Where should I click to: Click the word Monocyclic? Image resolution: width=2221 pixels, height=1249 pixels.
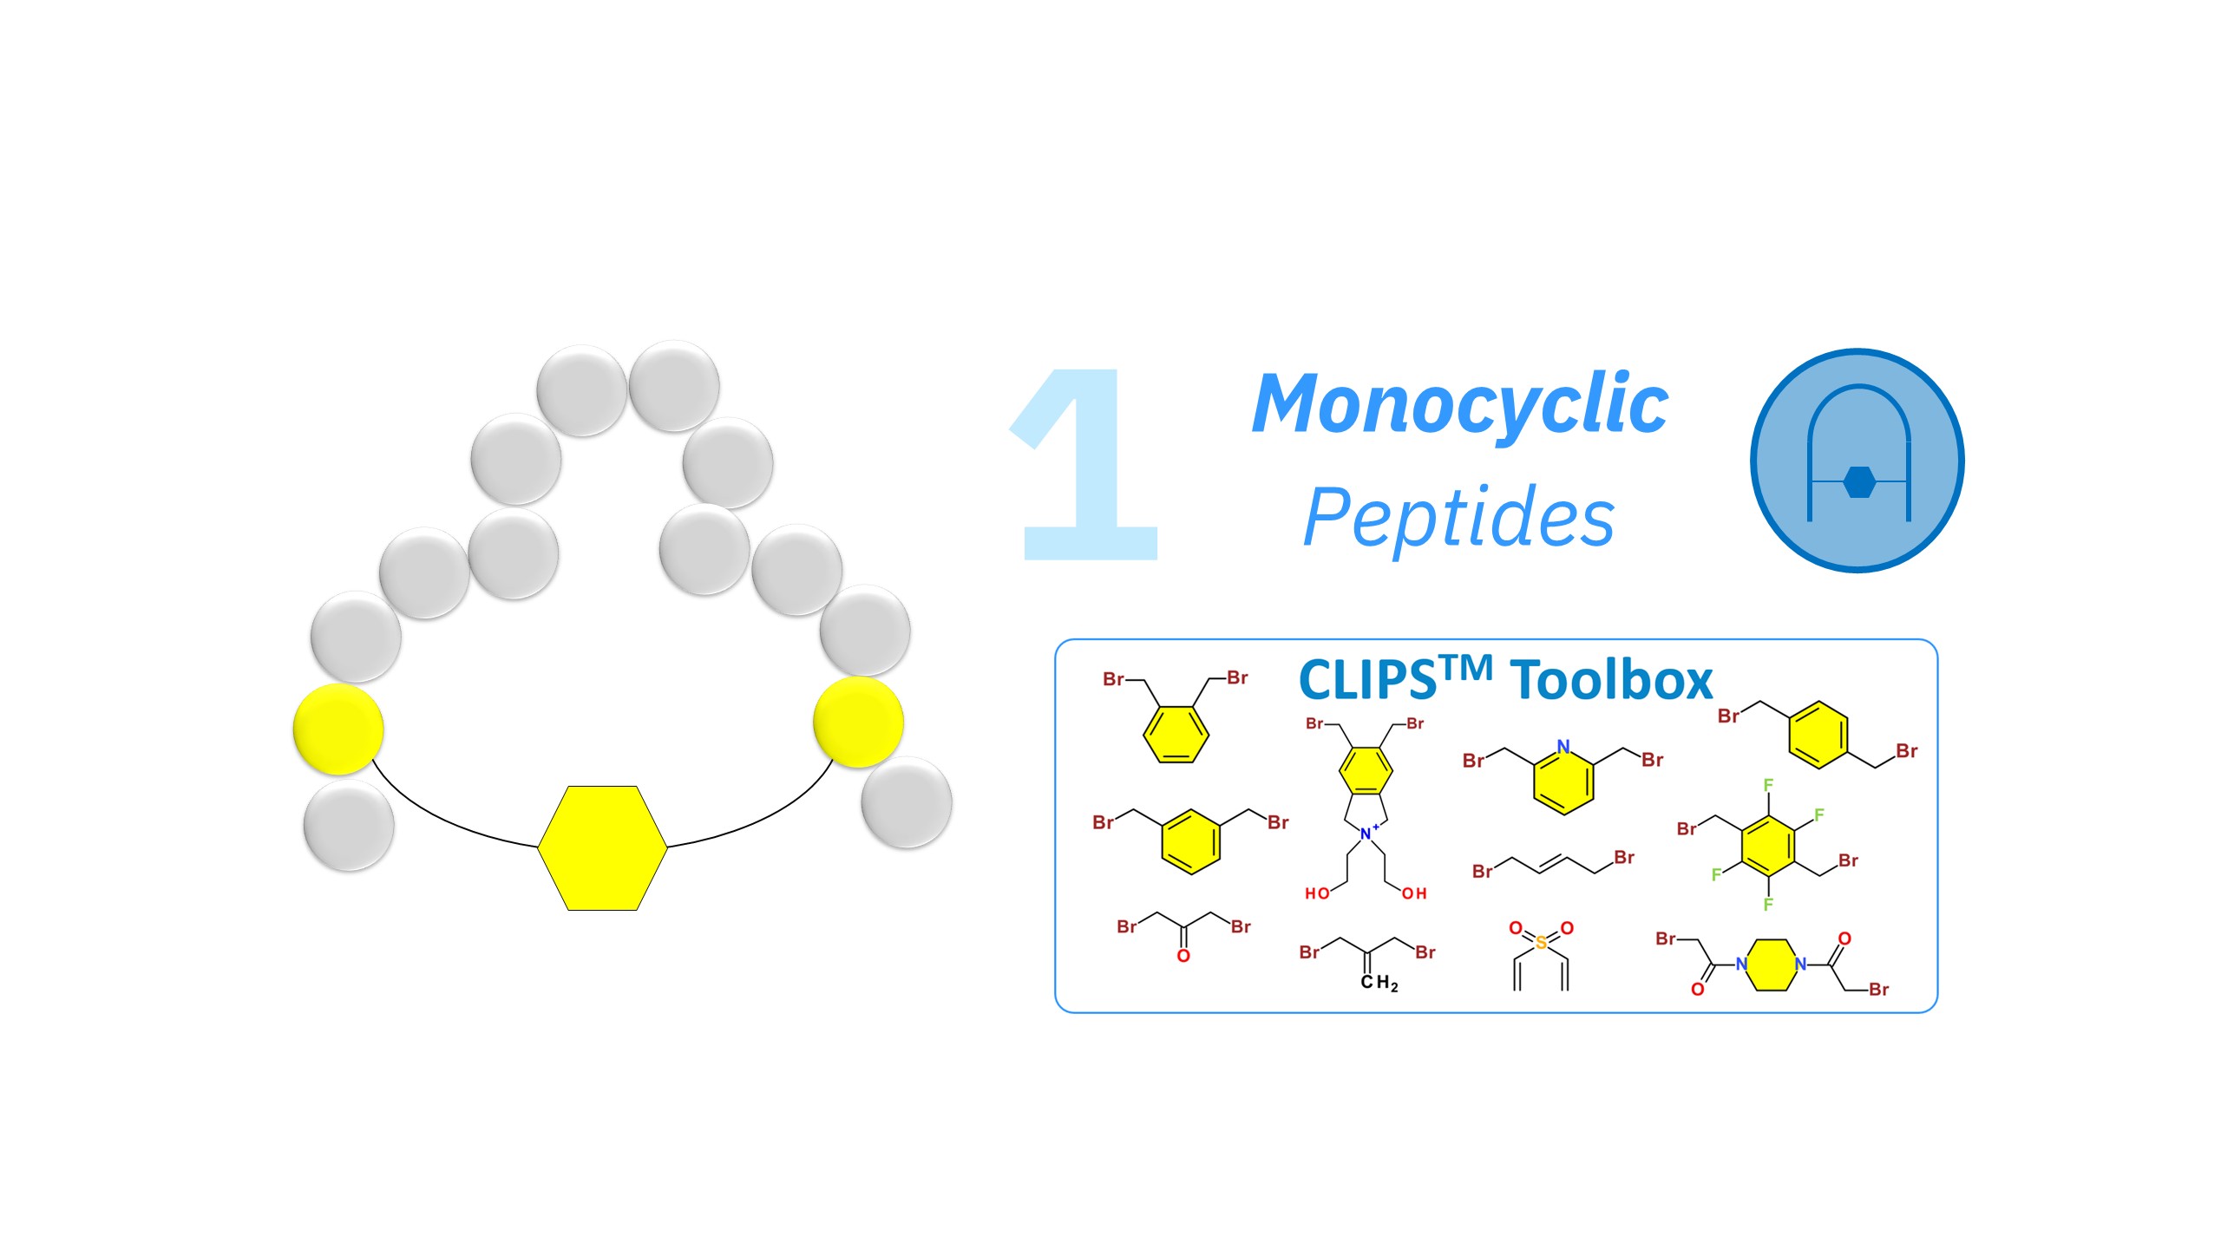(1460, 404)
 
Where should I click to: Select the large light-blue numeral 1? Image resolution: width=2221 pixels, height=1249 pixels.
(1084, 464)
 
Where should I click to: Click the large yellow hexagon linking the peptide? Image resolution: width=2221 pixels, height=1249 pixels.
(603, 847)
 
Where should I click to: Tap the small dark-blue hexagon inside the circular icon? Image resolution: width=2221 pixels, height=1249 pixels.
(1858, 482)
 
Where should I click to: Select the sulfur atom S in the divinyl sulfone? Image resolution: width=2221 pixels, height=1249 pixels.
(1541, 943)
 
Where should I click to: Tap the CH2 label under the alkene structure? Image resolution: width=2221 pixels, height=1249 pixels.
(1379, 983)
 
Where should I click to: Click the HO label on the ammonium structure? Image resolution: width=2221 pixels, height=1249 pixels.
(1317, 893)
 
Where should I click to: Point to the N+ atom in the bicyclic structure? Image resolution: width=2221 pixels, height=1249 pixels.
(1368, 833)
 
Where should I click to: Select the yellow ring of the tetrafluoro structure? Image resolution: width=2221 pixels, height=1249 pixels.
(1767, 845)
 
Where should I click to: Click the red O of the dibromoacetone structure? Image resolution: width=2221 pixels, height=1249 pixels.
(1183, 956)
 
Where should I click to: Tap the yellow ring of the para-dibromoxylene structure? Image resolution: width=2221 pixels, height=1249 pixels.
(1818, 736)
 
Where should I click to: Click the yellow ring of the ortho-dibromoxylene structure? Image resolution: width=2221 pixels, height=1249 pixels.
(1176, 735)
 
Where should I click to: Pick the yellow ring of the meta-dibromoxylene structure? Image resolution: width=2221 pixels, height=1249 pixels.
(1190, 841)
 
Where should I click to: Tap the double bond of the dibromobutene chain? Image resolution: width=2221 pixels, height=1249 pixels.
(1553, 863)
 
